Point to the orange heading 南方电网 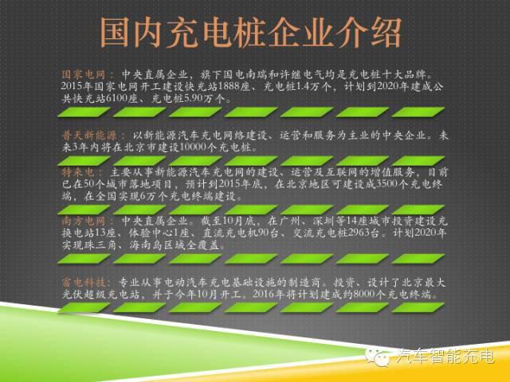tap(85, 220)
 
